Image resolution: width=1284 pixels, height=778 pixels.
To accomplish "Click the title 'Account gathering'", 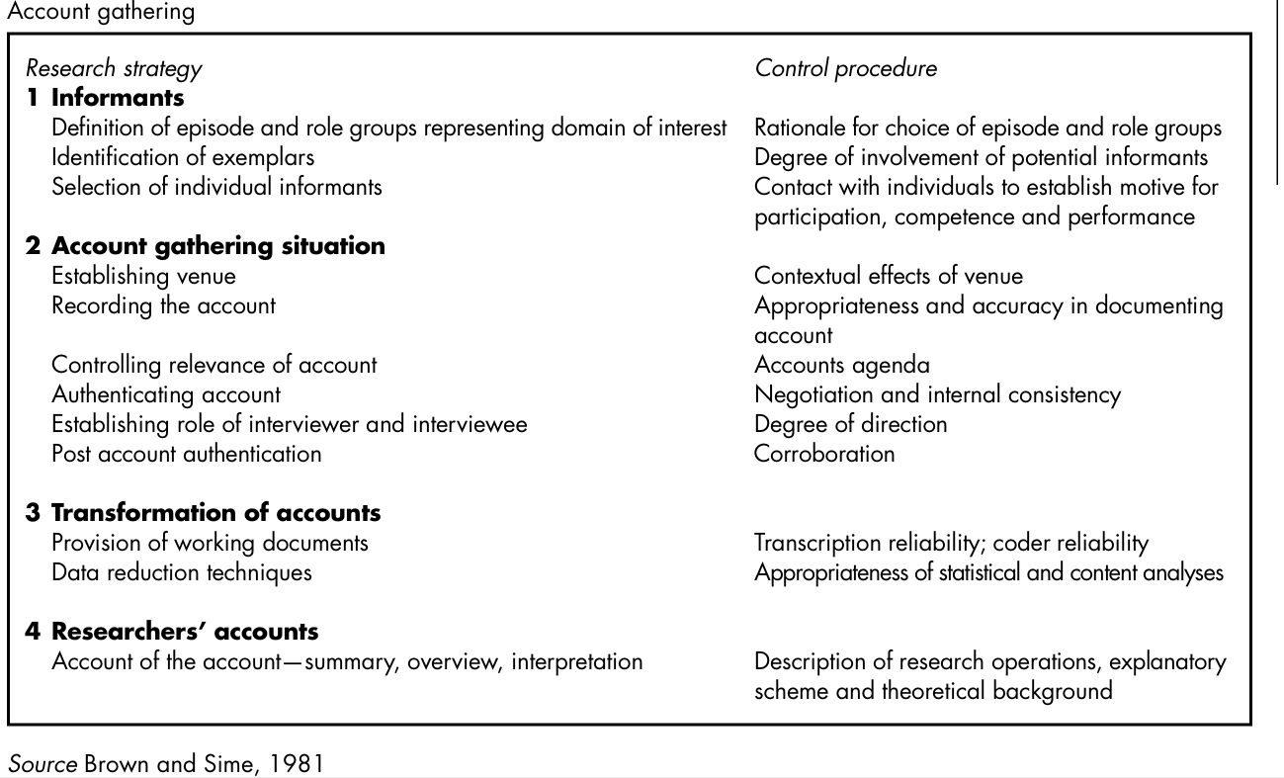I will pos(86,13).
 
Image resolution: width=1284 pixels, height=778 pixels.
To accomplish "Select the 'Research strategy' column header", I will pos(114,69).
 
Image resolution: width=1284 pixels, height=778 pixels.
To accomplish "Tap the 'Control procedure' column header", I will pos(845,69).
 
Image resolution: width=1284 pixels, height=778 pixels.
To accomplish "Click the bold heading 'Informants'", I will pos(118,98).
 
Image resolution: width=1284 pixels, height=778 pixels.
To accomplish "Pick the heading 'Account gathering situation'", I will pos(217,246).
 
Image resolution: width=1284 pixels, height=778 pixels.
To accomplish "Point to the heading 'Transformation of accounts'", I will pos(215,513).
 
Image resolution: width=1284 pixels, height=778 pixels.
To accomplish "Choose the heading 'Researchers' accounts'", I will pos(185,632).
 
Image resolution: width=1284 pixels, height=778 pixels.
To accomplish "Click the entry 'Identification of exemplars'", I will pos(183,157).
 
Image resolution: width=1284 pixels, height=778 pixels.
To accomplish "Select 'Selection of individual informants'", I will pos(216,187).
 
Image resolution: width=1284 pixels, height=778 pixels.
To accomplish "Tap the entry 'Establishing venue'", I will pos(143,276).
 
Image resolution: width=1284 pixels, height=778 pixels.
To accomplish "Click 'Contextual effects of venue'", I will pos(889,276).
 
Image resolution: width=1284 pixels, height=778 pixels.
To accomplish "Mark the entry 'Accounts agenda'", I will pos(841,365).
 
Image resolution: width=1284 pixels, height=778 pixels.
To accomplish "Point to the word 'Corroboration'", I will pos(824,454).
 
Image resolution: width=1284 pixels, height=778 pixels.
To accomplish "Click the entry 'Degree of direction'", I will pos(850,424).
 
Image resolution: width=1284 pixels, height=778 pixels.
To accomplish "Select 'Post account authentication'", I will pos(186,454).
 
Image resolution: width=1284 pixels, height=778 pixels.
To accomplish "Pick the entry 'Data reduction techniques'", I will pos(181,572).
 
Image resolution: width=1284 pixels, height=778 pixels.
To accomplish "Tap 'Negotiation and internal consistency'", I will pos(937,394).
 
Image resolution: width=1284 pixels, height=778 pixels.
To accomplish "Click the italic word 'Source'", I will pos(42,764).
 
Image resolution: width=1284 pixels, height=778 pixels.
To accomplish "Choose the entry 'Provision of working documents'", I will pos(210,543).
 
